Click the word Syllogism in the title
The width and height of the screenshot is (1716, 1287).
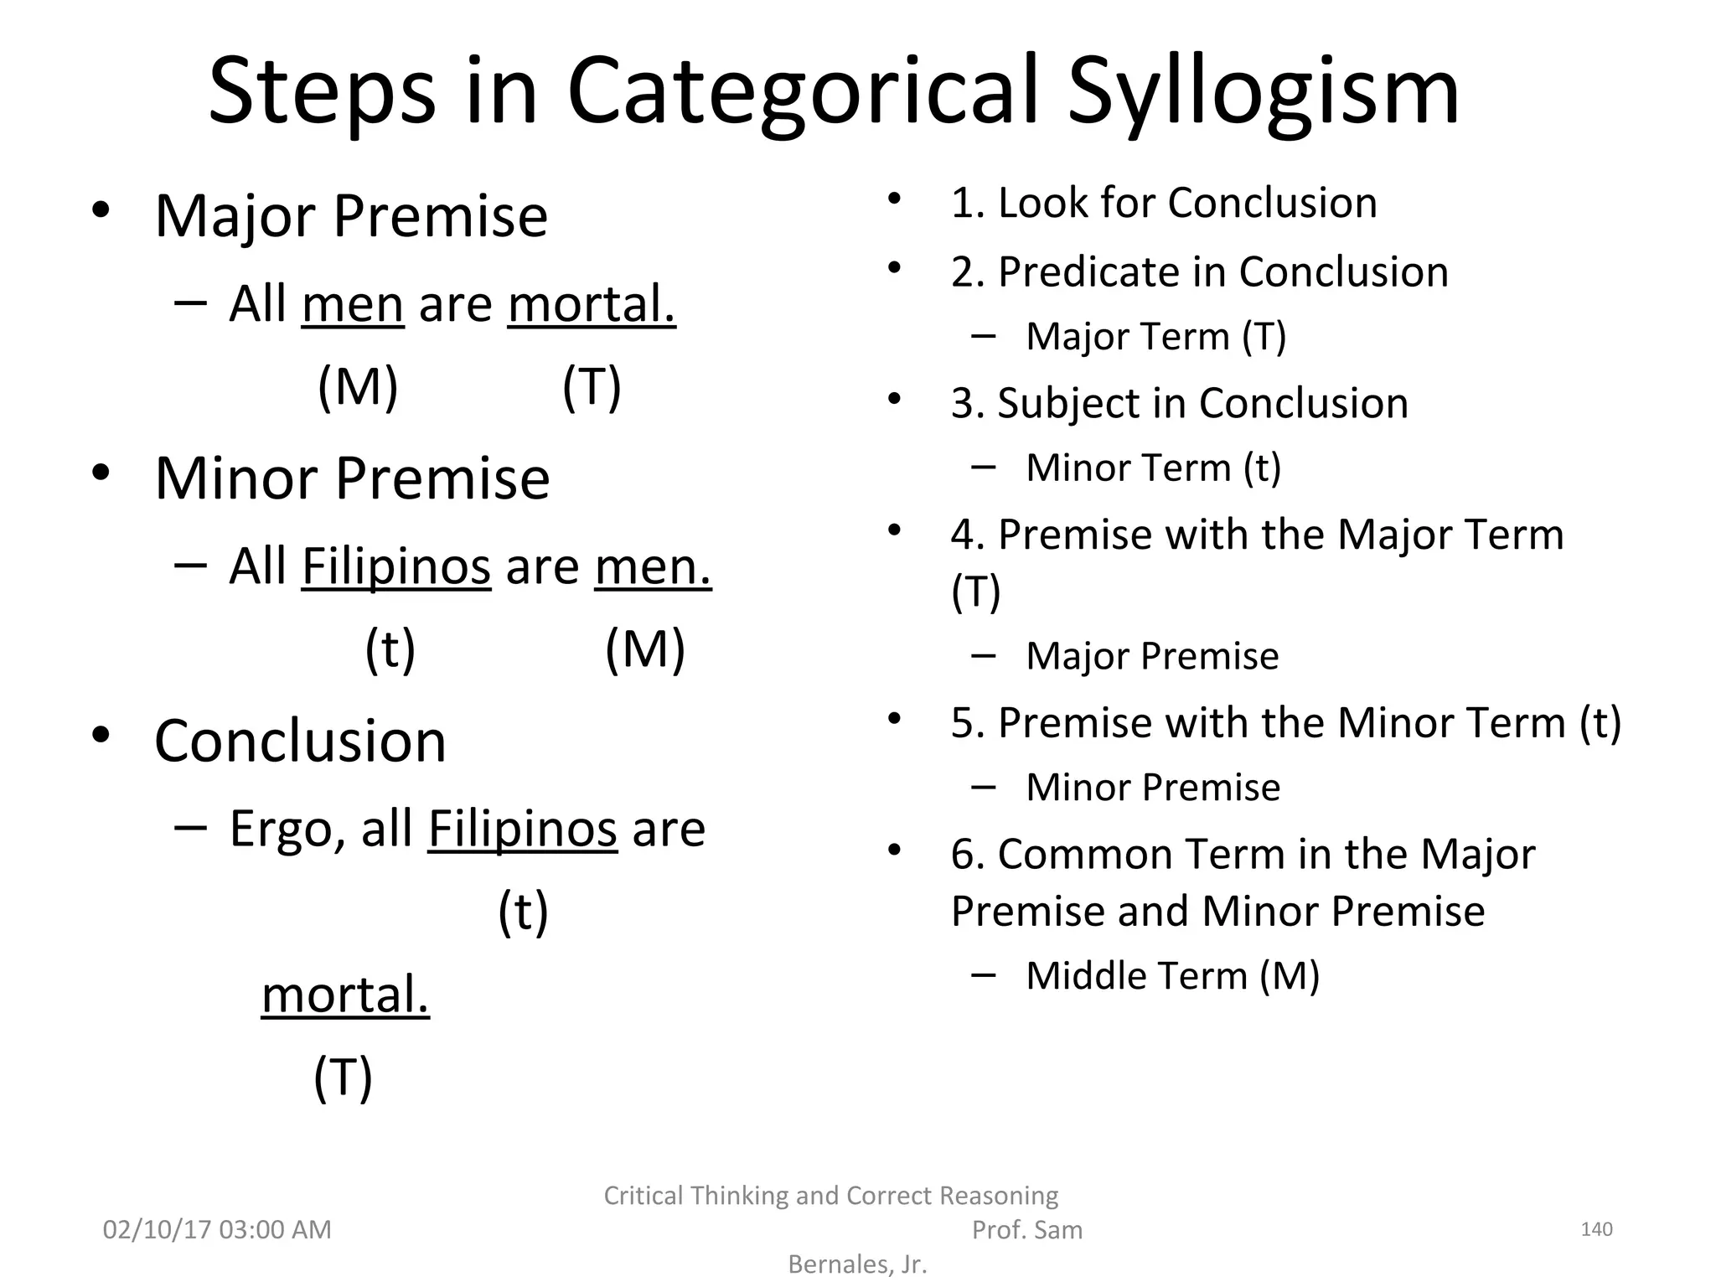(1264, 92)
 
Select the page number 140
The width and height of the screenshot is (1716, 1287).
(1595, 1229)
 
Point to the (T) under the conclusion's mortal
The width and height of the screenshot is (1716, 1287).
(343, 1078)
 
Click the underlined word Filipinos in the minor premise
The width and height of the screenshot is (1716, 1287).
(395, 566)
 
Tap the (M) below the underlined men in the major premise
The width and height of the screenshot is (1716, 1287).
(358, 387)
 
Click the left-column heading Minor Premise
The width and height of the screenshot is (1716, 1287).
(352, 478)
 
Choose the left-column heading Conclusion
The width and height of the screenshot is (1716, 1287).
(300, 742)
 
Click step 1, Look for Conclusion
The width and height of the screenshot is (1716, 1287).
(1164, 203)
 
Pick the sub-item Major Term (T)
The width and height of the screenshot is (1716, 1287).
(1155, 337)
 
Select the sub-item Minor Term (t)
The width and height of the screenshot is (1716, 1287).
(1153, 468)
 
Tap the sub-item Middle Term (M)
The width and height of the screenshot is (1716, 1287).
(1172, 976)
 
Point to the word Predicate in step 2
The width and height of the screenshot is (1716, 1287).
(1111, 272)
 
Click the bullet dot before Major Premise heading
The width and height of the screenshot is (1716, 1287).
(101, 211)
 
